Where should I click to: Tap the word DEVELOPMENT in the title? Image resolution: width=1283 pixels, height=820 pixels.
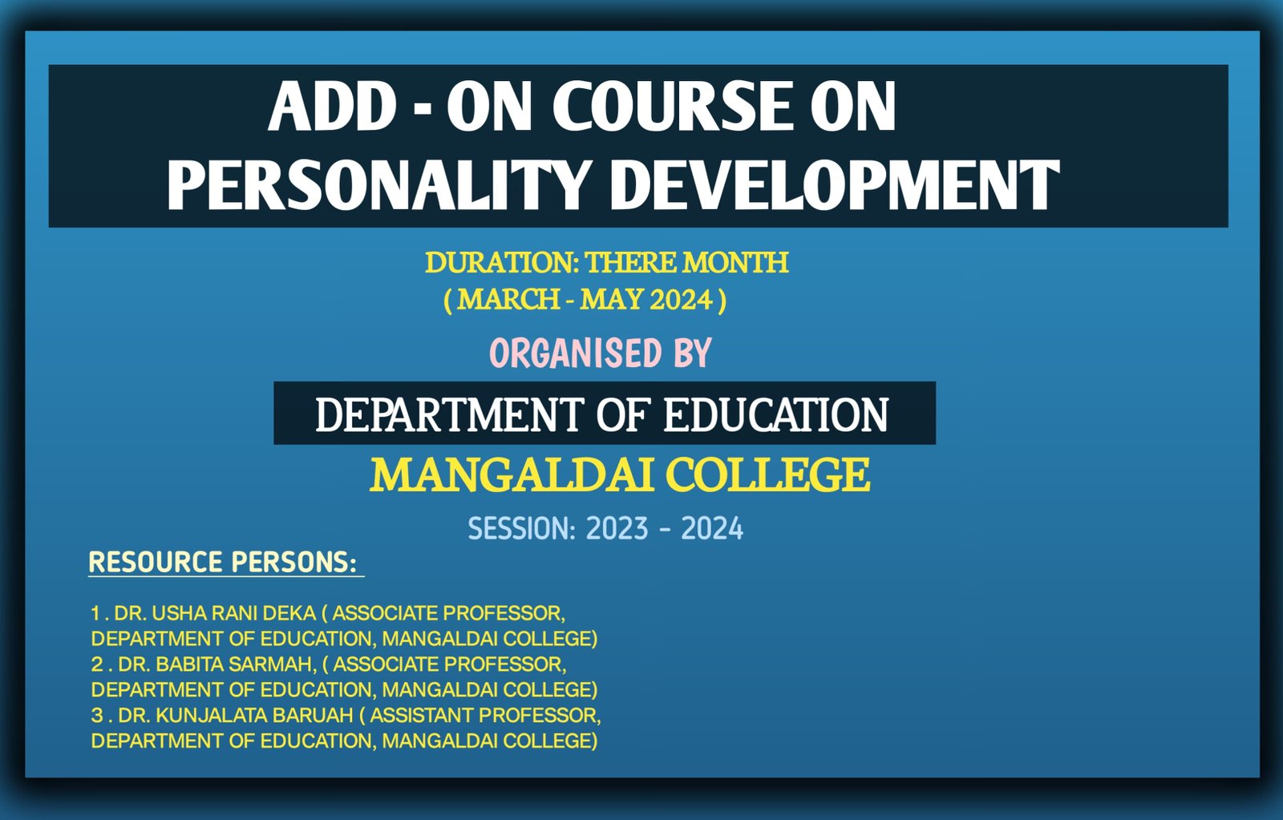pos(835,184)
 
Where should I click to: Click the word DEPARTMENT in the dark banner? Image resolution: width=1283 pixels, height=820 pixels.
pos(449,414)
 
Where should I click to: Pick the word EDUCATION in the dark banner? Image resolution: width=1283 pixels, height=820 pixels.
pos(775,414)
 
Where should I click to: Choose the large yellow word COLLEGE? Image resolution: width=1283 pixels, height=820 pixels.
pos(769,475)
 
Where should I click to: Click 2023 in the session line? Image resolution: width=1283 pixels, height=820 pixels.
pos(617,528)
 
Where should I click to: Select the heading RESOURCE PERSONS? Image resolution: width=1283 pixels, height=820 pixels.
pos(223,563)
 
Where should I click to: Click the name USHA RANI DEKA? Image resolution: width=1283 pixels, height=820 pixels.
pos(234,613)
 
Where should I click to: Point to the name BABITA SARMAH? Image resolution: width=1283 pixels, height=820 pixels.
pos(236,664)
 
